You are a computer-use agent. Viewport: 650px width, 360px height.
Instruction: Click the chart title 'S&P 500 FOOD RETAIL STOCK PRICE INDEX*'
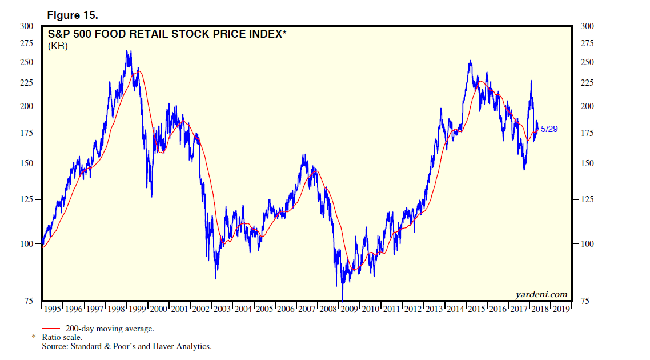[167, 34]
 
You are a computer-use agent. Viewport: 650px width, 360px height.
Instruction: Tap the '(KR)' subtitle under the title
[58, 46]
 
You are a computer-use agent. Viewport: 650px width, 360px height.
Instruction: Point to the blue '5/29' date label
[549, 129]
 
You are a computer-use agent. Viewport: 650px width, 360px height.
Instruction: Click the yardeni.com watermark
[541, 295]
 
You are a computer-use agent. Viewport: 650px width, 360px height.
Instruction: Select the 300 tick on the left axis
[26, 26]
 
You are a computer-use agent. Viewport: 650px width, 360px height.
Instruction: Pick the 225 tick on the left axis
[26, 83]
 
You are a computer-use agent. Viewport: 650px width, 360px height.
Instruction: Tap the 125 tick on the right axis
[588, 200]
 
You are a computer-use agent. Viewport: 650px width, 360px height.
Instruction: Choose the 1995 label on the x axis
[53, 309]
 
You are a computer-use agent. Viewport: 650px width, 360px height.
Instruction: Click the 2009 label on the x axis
[349, 309]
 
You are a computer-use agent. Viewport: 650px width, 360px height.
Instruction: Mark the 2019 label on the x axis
[561, 309]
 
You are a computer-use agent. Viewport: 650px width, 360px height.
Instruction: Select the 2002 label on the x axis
[200, 309]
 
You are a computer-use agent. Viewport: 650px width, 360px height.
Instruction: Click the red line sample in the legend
[52, 329]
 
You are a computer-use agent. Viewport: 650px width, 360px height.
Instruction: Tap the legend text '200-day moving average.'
[110, 329]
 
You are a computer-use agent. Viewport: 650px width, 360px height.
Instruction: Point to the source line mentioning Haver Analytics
[126, 346]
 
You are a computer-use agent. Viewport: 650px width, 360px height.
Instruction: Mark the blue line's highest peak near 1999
[127, 51]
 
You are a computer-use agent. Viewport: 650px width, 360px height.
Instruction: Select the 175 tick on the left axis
[26, 133]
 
